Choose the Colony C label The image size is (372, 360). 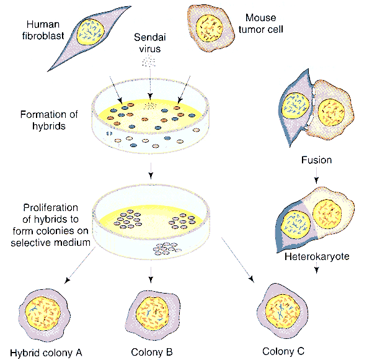[x=283, y=351]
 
